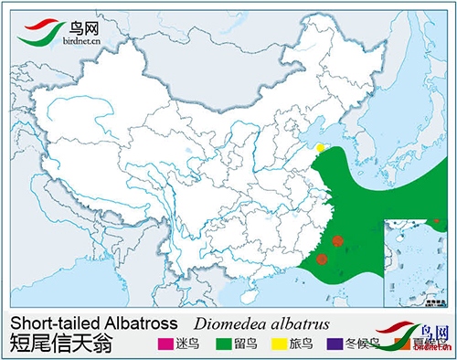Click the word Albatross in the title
pos(138,324)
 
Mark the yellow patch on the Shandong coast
pos(320,147)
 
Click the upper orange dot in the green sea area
pos(337,241)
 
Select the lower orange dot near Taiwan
pos(323,259)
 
